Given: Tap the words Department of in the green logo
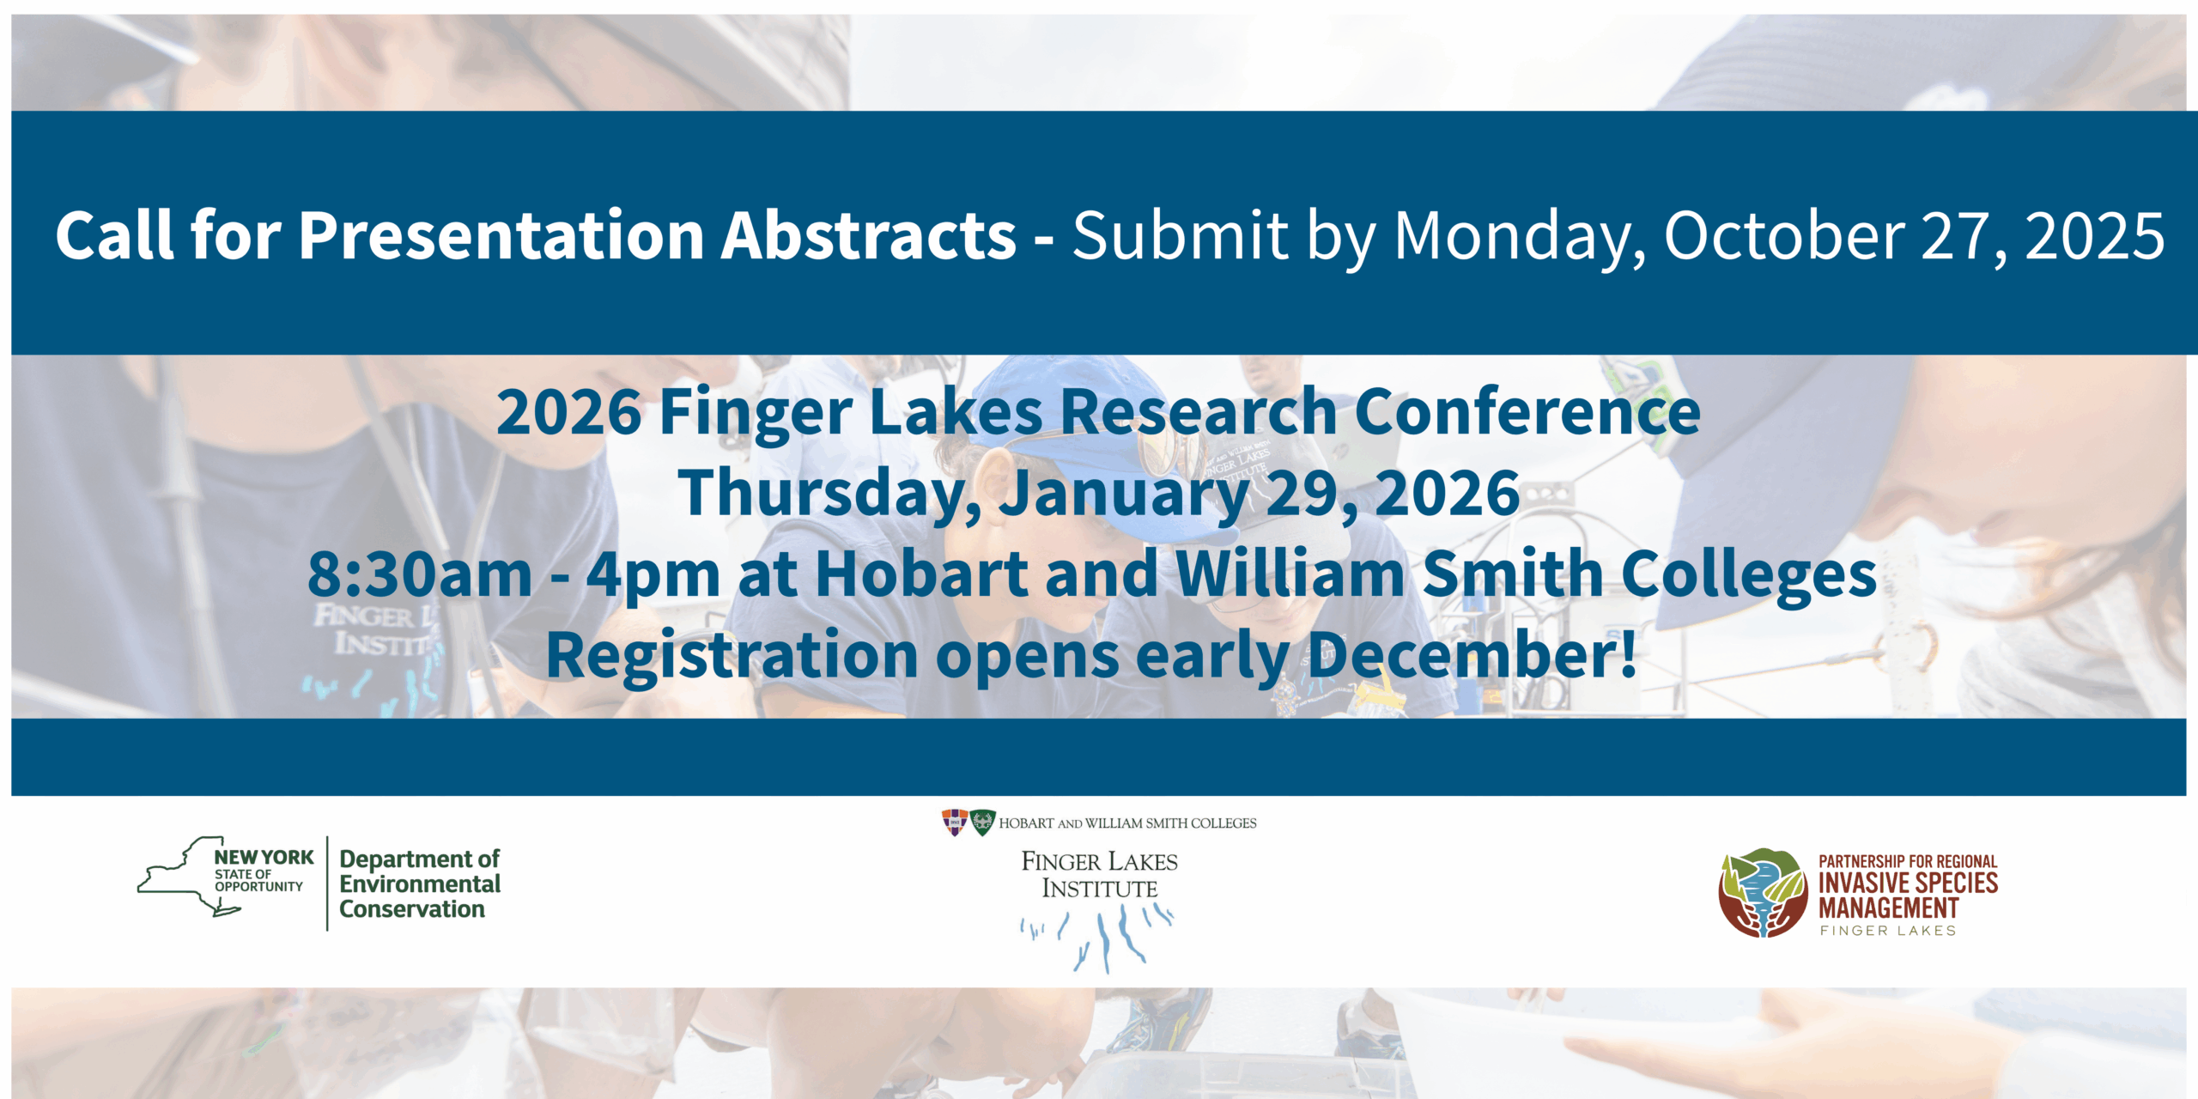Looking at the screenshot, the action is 419,859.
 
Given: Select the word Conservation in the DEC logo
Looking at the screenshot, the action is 412,908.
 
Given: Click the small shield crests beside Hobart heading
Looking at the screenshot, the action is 968,823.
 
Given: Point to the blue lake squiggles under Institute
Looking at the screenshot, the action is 1096,939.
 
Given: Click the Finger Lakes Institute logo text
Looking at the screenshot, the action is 1099,874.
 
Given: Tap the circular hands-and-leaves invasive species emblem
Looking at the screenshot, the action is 1763,893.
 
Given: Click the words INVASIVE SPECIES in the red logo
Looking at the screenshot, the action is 1908,883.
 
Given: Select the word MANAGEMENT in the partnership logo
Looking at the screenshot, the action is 1888,908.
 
